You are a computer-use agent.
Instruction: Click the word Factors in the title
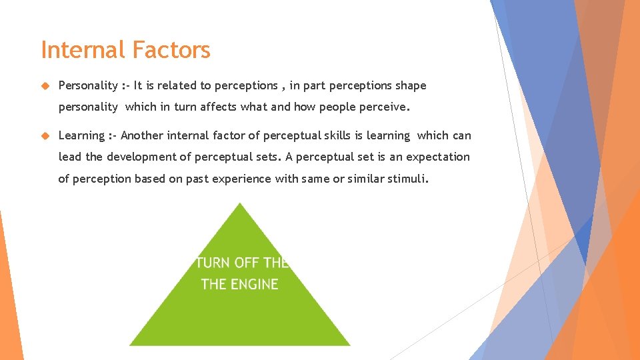pos(171,50)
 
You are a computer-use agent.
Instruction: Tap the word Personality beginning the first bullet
pos(88,85)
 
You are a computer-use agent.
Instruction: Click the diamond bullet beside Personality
pos(45,85)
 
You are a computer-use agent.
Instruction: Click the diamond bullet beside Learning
pos(45,135)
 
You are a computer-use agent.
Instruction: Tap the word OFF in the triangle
pos(247,263)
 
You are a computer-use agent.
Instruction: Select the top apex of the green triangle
pos(239,205)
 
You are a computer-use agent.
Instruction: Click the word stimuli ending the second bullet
pos(409,179)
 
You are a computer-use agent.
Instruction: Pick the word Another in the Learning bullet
pos(142,135)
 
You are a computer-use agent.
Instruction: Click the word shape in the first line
pos(411,85)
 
